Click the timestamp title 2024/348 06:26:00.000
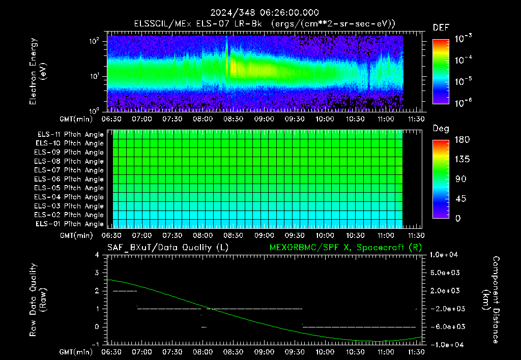(x=265, y=13)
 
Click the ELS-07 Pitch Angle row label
(x=69, y=170)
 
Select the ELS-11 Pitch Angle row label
(x=70, y=135)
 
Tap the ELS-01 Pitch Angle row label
(x=69, y=224)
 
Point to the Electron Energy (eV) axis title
(x=38, y=71)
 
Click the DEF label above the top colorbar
(x=441, y=27)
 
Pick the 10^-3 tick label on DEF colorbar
(x=463, y=39)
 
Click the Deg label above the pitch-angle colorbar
(x=441, y=129)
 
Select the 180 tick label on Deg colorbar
(x=462, y=139)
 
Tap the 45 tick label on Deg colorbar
(x=460, y=199)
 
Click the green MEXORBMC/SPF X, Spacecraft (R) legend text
(x=345, y=248)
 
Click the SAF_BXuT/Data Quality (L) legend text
(x=168, y=248)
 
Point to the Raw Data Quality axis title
(x=38, y=300)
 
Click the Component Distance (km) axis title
(x=491, y=300)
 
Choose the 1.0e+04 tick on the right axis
(x=444, y=255)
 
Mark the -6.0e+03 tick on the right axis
(x=445, y=327)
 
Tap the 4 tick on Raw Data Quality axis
(x=97, y=255)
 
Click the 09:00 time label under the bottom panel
(x=264, y=352)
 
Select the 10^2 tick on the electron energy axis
(x=94, y=41)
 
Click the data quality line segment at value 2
(x=125, y=291)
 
